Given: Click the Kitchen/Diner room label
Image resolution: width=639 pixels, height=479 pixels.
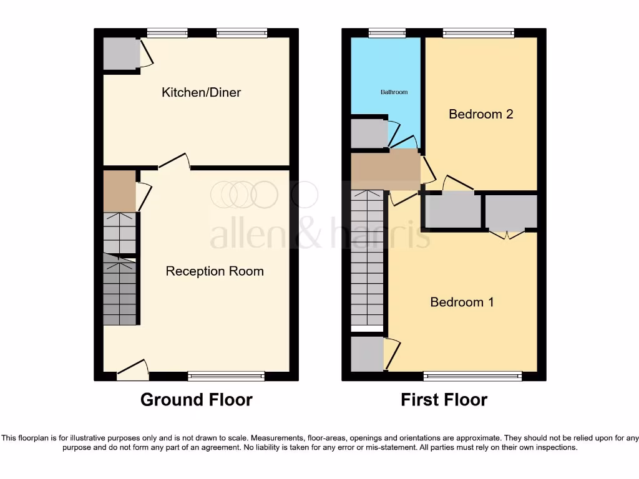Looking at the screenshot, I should [x=201, y=92].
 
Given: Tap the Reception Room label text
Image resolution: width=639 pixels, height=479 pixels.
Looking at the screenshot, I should [x=215, y=271].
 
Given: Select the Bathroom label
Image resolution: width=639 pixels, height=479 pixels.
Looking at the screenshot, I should [x=394, y=92].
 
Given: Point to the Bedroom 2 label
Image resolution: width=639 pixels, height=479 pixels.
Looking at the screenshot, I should [x=481, y=114].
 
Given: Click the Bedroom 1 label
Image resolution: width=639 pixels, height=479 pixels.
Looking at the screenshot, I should [x=462, y=302].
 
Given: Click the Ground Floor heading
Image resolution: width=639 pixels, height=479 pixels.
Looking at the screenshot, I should [x=197, y=400].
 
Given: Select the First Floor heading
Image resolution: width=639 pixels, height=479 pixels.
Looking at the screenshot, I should [x=444, y=400].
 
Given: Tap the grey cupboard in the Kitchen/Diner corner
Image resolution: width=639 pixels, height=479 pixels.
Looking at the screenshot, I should [x=121, y=54].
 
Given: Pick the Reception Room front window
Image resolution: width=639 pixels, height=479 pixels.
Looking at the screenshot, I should [x=226, y=376].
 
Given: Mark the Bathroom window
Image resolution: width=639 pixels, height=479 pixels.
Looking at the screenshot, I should [x=387, y=32].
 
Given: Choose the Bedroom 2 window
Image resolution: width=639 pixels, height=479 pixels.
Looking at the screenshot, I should [x=479, y=32].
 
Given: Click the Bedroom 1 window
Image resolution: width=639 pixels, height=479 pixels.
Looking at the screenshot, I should [x=472, y=376].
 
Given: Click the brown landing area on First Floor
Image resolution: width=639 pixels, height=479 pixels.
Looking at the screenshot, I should [x=385, y=170].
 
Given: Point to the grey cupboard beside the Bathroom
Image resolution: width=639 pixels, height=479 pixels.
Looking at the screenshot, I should [x=368, y=133].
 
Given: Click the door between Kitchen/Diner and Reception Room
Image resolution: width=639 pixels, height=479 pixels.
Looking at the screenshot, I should [x=174, y=162].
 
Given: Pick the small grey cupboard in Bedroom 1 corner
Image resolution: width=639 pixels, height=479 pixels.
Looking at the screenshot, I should [x=367, y=354].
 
